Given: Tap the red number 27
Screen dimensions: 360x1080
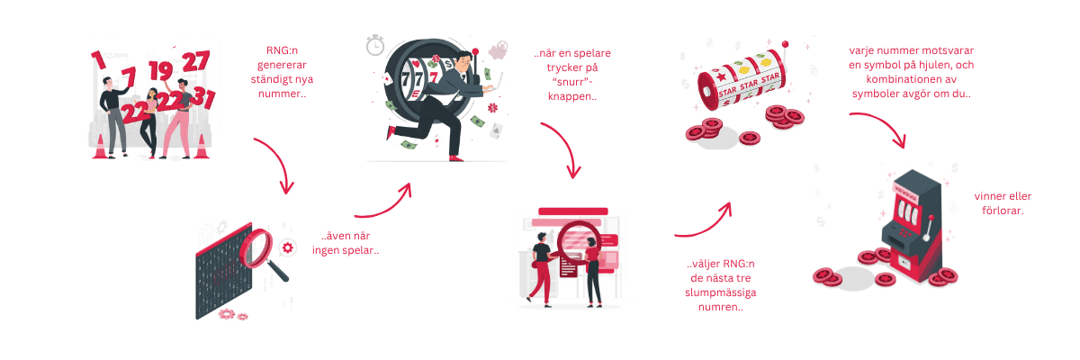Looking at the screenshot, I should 195,61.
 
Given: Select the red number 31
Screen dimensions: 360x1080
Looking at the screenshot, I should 202,98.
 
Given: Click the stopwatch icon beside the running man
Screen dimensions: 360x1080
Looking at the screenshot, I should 374,45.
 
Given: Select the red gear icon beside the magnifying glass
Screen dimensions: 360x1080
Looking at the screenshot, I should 288,246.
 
